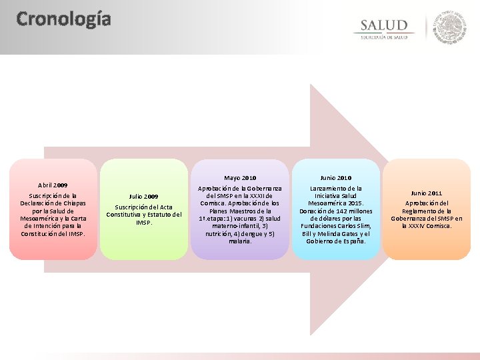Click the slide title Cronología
[x=63, y=18]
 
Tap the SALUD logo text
[x=384, y=26]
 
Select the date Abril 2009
[x=53, y=185]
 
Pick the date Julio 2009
[x=144, y=197]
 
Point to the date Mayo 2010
[x=240, y=178]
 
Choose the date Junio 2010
[x=335, y=178]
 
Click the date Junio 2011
[x=426, y=193]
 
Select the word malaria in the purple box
[x=240, y=241]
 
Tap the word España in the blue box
[x=353, y=241]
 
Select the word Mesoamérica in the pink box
[x=41, y=218]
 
